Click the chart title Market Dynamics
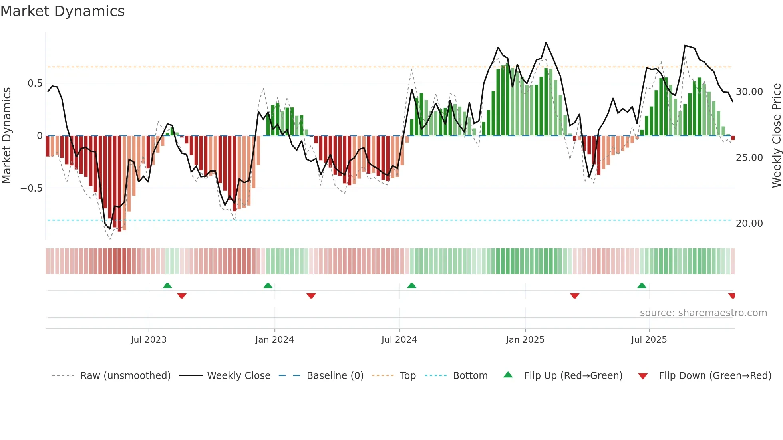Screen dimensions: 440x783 click(x=63, y=11)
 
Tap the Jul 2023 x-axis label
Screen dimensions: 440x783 click(x=149, y=340)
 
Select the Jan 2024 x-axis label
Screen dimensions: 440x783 click(x=274, y=340)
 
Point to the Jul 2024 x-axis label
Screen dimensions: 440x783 click(x=399, y=340)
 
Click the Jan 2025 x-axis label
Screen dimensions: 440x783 click(x=525, y=340)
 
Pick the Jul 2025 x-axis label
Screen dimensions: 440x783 click(x=649, y=340)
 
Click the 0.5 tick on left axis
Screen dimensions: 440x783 click(x=35, y=83)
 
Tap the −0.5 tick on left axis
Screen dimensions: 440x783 click(x=32, y=188)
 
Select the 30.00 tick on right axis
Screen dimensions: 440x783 click(x=749, y=92)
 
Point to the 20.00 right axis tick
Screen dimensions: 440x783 click(x=749, y=224)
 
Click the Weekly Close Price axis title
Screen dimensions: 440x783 click(x=776, y=135)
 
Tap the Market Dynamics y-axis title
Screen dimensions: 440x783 click(x=6, y=135)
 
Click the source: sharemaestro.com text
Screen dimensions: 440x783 click(x=703, y=313)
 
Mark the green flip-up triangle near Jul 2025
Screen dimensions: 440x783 click(x=642, y=286)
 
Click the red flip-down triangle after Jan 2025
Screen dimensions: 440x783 click(x=574, y=295)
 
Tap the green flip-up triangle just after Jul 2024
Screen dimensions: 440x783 click(x=411, y=286)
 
